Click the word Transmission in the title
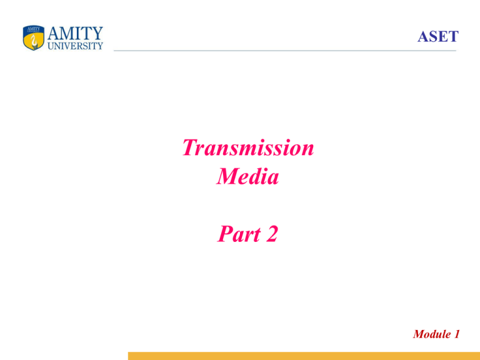pyautogui.click(x=248, y=147)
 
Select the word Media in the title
pyautogui.click(x=247, y=176)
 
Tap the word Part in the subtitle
pyautogui.click(x=239, y=234)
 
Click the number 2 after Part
pyautogui.click(x=272, y=234)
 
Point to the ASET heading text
pyautogui.click(x=438, y=37)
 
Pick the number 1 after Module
pyautogui.click(x=457, y=334)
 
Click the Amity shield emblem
pyautogui.click(x=34, y=37)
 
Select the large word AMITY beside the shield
pyautogui.click(x=75, y=33)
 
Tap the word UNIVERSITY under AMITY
pyautogui.click(x=75, y=46)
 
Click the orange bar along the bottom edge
pyautogui.click(x=304, y=356)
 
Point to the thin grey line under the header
pyautogui.click(x=285, y=51)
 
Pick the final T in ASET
pyautogui.click(x=453, y=37)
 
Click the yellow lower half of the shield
pyautogui.click(x=34, y=42)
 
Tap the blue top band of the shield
pyautogui.click(x=34, y=29)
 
